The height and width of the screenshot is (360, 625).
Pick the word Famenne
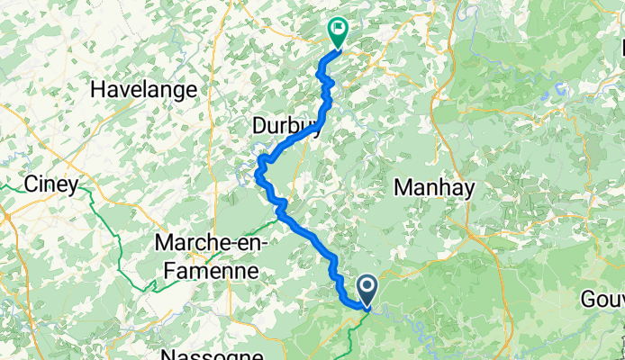pos(208,268)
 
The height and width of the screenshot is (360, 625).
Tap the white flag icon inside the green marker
pos(338,29)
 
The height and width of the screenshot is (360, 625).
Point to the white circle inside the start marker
pos(368,286)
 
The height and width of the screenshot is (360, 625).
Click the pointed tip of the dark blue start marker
pos(368,306)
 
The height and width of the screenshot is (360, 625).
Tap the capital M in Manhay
pos(402,187)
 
